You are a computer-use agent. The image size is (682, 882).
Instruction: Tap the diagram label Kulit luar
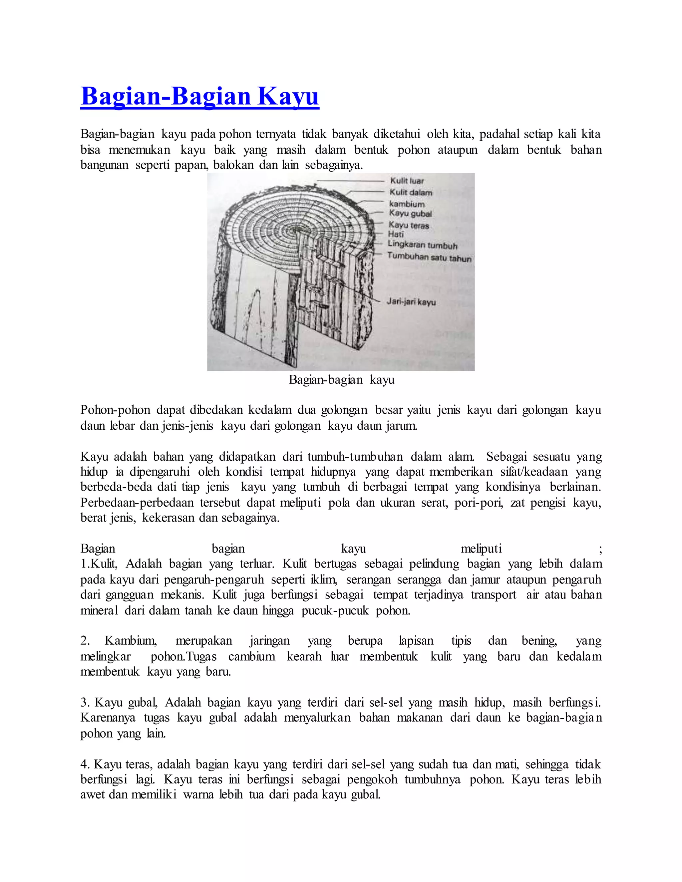click(x=407, y=181)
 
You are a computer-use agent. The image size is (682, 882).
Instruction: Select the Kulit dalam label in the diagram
click(x=411, y=193)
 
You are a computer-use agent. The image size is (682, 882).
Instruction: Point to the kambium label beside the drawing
click(x=407, y=204)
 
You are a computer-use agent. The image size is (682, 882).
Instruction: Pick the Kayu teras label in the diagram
click(x=409, y=225)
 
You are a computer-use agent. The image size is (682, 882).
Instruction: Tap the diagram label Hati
click(x=396, y=234)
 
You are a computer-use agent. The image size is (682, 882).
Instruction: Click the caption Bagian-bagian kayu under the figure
click(x=341, y=380)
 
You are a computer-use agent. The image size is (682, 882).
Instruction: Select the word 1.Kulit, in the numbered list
click(x=99, y=564)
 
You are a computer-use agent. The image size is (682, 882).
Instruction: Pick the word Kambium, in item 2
click(x=131, y=641)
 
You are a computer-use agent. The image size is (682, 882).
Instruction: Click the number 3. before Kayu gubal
click(x=85, y=703)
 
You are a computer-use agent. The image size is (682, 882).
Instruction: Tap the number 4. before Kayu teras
click(x=85, y=765)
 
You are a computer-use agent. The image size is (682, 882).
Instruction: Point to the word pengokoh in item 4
click(x=372, y=780)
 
